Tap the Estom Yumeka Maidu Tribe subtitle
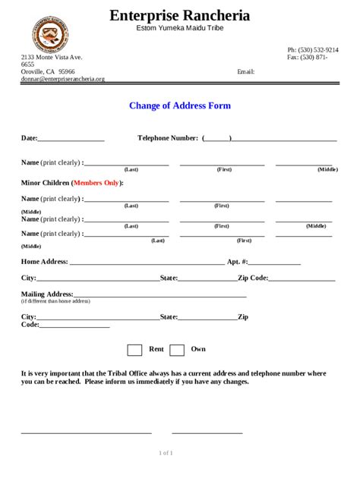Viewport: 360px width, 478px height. (179, 28)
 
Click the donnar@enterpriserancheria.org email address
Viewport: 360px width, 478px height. (62, 79)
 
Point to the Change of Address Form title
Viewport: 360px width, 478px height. (179, 106)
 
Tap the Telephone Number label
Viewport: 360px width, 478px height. (168, 138)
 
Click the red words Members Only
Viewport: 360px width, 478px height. (96, 183)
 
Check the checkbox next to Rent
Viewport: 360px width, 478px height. (134, 350)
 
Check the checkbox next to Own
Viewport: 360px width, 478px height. (177, 350)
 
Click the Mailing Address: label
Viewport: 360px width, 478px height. (47, 294)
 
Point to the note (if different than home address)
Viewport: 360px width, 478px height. (55, 301)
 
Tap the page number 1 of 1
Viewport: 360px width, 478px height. (166, 453)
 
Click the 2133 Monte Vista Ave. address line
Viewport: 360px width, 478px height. (52, 57)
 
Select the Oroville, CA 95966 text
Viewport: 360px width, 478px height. (48, 71)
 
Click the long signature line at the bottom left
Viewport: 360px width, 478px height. (86, 432)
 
